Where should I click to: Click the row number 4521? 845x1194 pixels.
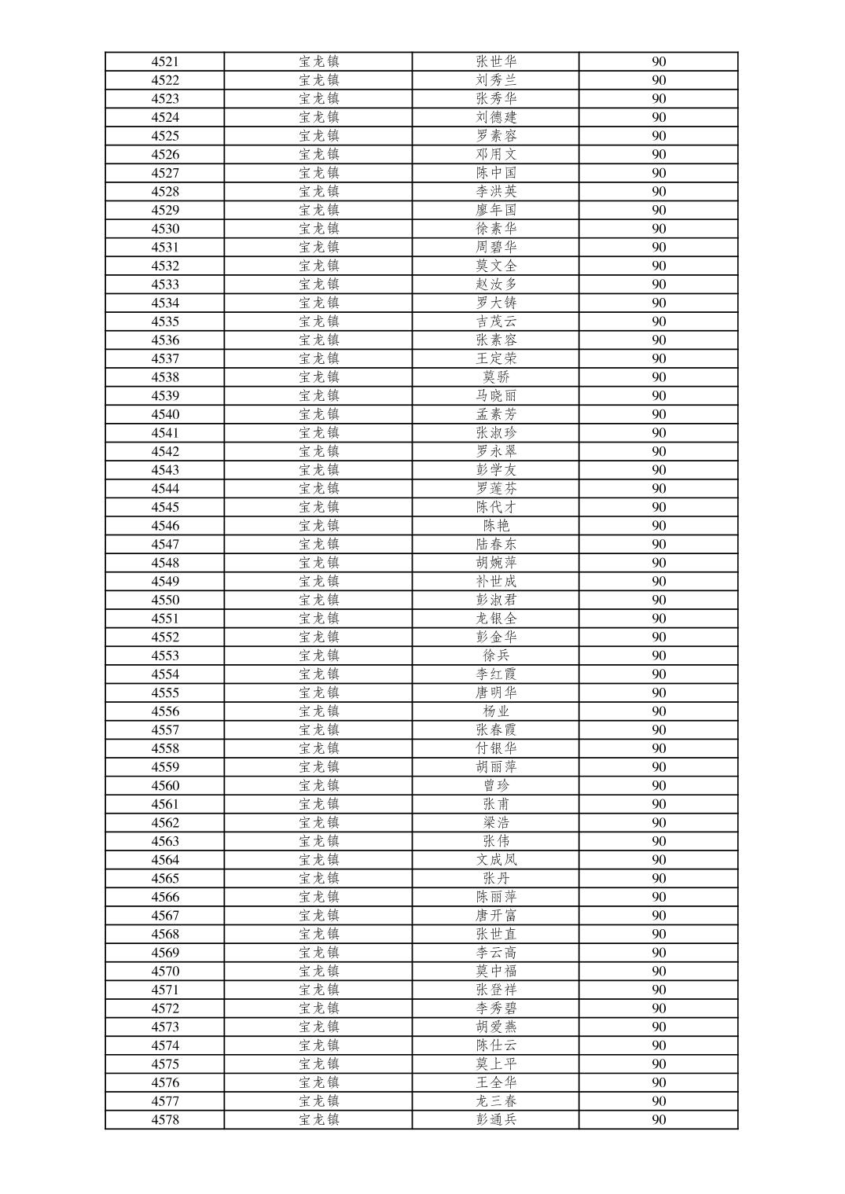(x=165, y=61)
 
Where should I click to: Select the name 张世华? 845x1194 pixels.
(x=496, y=61)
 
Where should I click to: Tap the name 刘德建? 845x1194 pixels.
(x=496, y=117)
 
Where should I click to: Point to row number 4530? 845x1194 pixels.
(x=165, y=229)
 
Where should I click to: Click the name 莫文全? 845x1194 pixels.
(x=496, y=266)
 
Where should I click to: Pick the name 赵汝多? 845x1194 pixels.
(x=496, y=285)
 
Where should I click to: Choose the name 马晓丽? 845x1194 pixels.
(x=496, y=395)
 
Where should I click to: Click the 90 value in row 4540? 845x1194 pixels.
(x=659, y=414)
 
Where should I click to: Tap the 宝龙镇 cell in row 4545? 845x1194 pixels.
(x=318, y=507)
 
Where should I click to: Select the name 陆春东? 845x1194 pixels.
(x=496, y=544)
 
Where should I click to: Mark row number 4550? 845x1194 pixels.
(x=165, y=600)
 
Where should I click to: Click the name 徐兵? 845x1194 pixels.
(x=496, y=656)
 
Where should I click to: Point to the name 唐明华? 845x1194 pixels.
(x=496, y=693)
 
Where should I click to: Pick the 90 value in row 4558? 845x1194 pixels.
(x=659, y=748)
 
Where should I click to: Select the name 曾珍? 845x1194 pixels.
(x=496, y=785)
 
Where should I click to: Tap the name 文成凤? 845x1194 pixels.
(x=496, y=860)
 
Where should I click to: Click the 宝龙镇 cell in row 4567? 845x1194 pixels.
(x=318, y=916)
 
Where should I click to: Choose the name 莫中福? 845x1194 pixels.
(x=496, y=971)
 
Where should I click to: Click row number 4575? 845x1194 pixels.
(x=165, y=1064)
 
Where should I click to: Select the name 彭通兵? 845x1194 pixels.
(x=496, y=1119)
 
